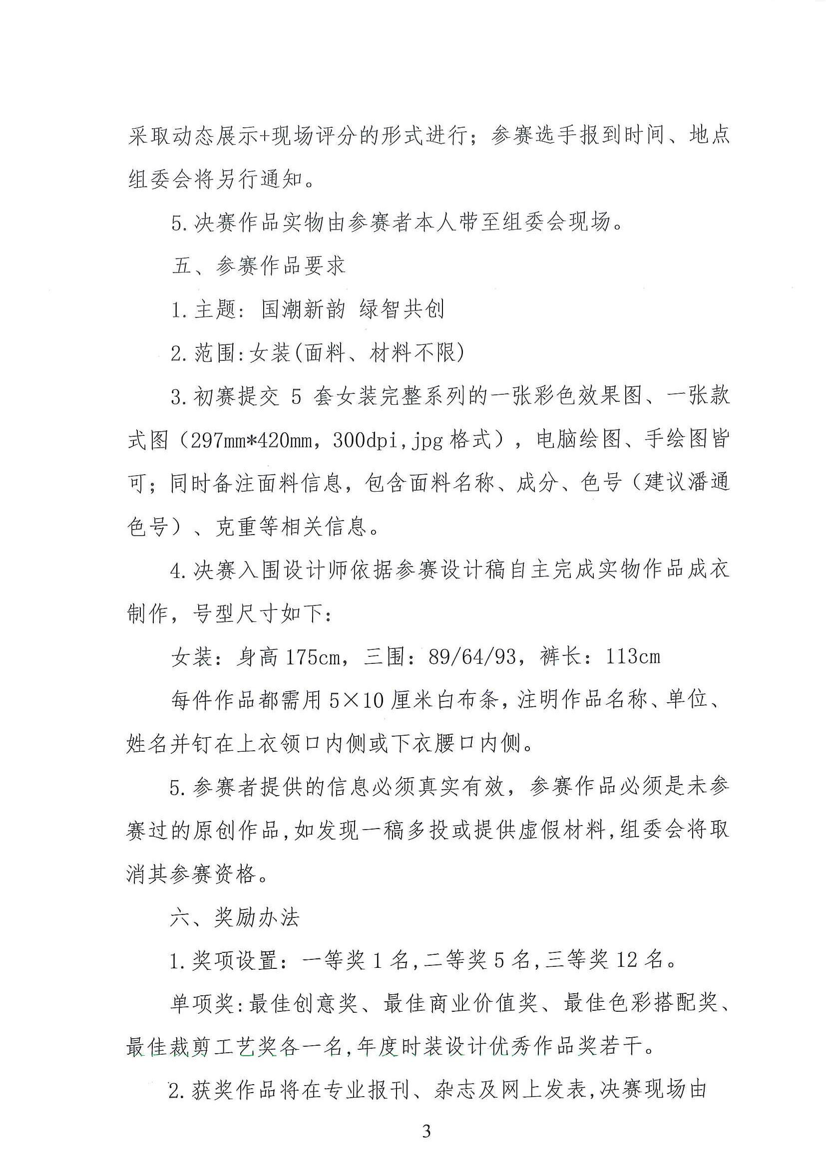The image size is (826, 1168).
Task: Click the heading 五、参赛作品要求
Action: (259, 266)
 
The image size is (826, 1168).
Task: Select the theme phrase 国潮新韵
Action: (303, 309)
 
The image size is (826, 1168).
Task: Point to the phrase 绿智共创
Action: (402, 309)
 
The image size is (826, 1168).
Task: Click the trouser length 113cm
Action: (633, 657)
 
